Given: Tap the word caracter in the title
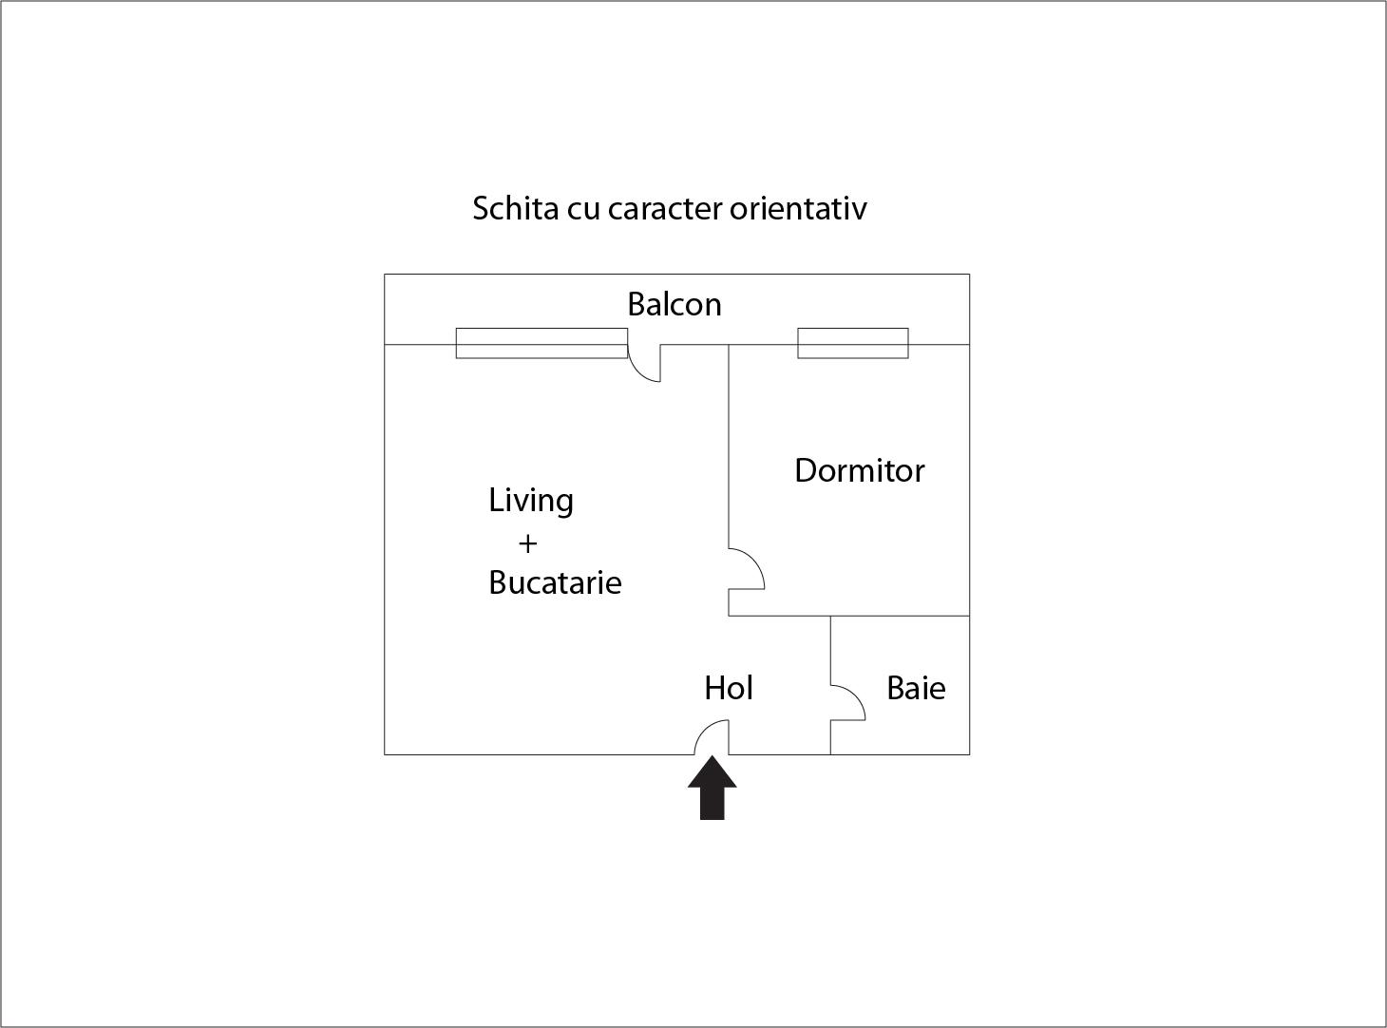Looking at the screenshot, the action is (664, 209).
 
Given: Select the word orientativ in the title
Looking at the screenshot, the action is (798, 208).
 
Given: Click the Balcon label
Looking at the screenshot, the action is (674, 305).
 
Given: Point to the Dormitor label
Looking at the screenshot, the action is (859, 470).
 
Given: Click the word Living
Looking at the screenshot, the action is (530, 501).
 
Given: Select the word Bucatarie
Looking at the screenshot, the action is (555, 582).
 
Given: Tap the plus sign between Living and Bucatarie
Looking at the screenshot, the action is (528, 543).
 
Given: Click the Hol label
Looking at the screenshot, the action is (729, 688).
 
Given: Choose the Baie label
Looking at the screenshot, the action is (916, 688).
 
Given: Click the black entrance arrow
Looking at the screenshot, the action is (712, 788).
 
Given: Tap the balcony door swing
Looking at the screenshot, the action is (636, 371).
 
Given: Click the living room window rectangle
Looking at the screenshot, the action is (541, 344).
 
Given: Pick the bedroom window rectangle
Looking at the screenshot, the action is (853, 344).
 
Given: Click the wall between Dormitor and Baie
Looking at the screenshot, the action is (901, 616).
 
